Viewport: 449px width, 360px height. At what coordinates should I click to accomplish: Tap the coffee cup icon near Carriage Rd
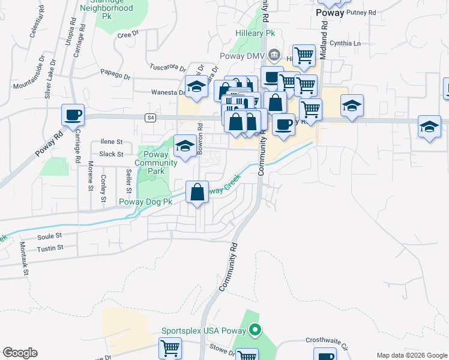pyautogui.click(x=73, y=114)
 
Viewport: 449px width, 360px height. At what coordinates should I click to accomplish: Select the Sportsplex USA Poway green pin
pyautogui.click(x=255, y=330)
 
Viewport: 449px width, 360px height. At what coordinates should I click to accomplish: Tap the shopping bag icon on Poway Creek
pyautogui.click(x=197, y=193)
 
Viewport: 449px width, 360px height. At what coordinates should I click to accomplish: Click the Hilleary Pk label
pyautogui.click(x=258, y=34)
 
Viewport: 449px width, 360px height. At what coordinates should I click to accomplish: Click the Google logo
pyautogui.click(x=20, y=353)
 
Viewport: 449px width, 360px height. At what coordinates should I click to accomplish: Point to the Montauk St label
pyautogui.click(x=25, y=264)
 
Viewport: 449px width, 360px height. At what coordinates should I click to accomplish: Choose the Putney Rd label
pyautogui.click(x=361, y=12)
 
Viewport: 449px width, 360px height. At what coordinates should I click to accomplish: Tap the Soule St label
pyautogui.click(x=50, y=236)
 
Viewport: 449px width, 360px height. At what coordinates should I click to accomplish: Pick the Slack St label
pyautogui.click(x=111, y=154)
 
